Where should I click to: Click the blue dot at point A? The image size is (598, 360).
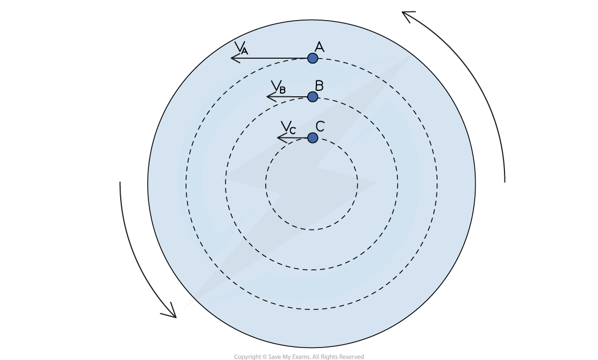click(x=313, y=58)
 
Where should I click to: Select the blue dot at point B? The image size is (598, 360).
click(x=313, y=97)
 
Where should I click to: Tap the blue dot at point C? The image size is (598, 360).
click(x=313, y=138)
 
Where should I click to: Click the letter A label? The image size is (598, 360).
click(x=320, y=47)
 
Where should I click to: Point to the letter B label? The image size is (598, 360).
click(x=320, y=86)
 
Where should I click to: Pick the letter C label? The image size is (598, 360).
click(x=320, y=126)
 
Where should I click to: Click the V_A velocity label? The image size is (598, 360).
click(x=241, y=47)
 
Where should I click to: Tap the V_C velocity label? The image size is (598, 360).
click(x=288, y=127)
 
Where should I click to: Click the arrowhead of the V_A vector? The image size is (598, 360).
click(x=231, y=58)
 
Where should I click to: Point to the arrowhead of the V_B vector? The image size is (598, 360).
click(x=267, y=97)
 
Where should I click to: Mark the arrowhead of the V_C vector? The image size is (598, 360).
click(x=278, y=138)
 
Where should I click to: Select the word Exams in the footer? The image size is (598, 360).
click(x=300, y=357)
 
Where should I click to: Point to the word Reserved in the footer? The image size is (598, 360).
click(x=350, y=357)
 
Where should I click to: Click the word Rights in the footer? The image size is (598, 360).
click(x=328, y=357)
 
